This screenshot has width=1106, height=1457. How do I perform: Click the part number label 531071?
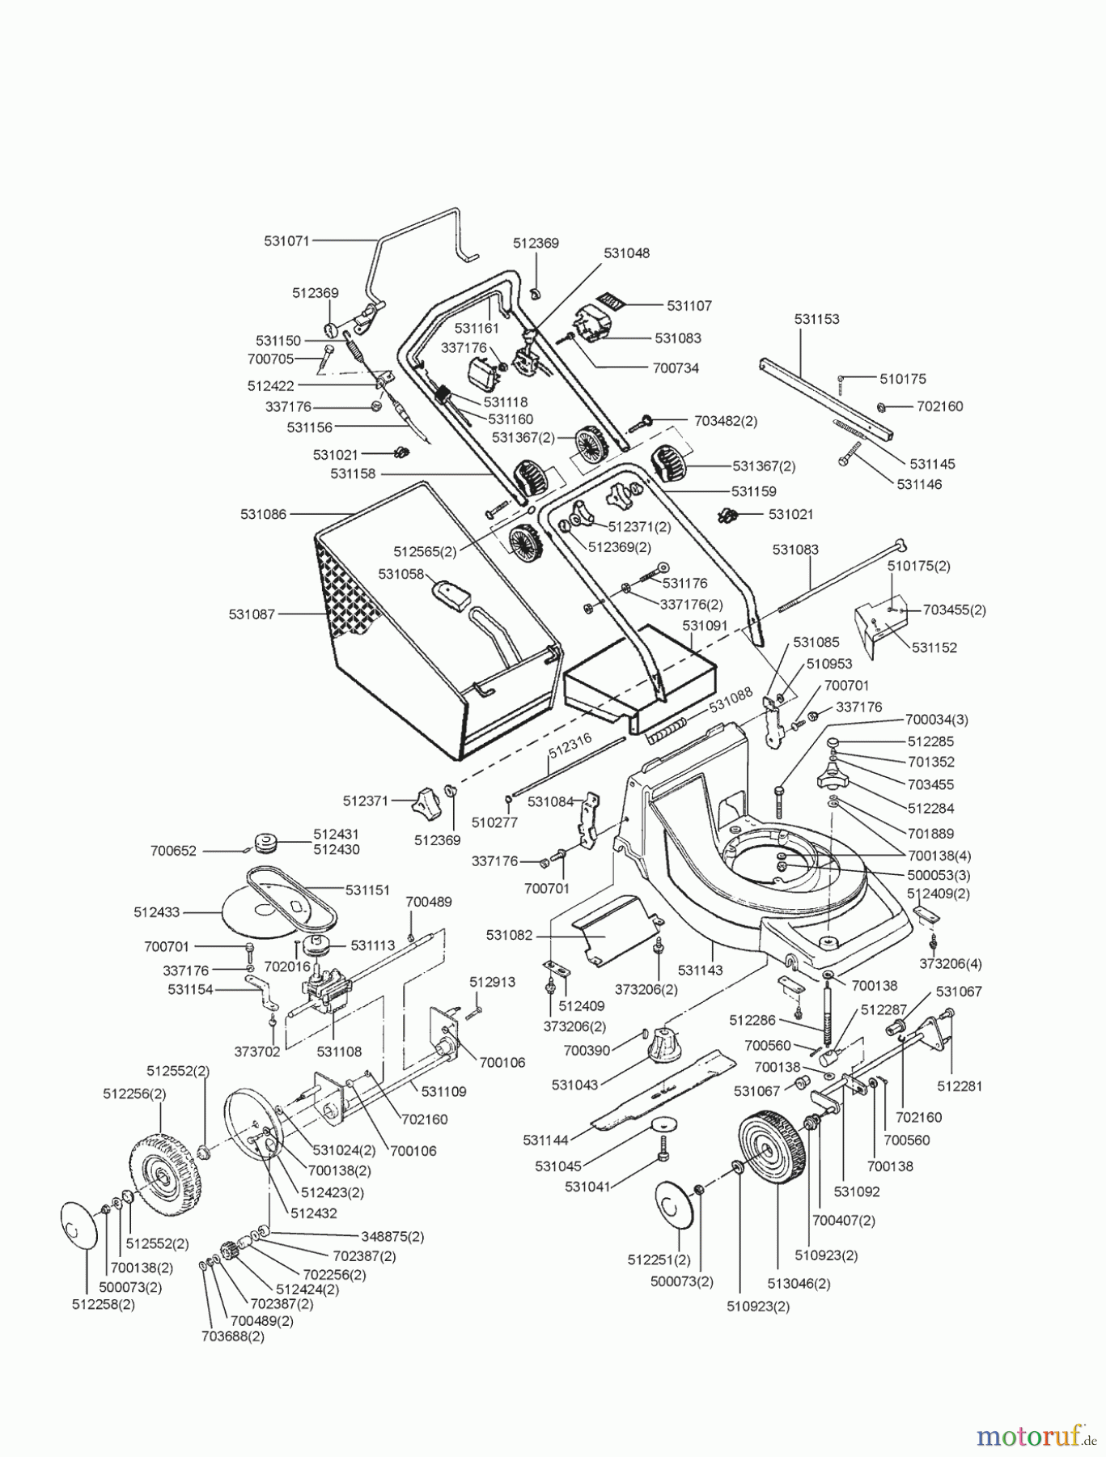pyautogui.click(x=287, y=240)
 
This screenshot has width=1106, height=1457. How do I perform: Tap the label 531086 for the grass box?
pyautogui.click(x=263, y=514)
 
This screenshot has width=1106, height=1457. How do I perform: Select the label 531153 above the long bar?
pyautogui.click(x=816, y=319)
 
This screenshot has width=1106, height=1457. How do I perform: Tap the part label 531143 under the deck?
pyautogui.click(x=700, y=970)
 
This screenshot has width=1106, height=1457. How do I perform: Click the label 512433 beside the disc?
pyautogui.click(x=156, y=912)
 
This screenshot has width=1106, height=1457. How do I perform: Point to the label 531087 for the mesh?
pyautogui.click(x=252, y=614)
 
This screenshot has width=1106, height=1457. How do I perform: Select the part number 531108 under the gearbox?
pyautogui.click(x=339, y=1052)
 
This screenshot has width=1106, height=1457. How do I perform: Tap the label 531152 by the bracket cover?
pyautogui.click(x=934, y=648)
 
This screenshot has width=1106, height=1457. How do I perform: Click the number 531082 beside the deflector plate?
pyautogui.click(x=509, y=935)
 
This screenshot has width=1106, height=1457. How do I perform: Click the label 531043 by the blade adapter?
pyautogui.click(x=575, y=1084)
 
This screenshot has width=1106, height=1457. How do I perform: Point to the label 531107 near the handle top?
pyautogui.click(x=689, y=306)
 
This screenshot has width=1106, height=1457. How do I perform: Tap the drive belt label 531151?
pyautogui.click(x=367, y=890)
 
